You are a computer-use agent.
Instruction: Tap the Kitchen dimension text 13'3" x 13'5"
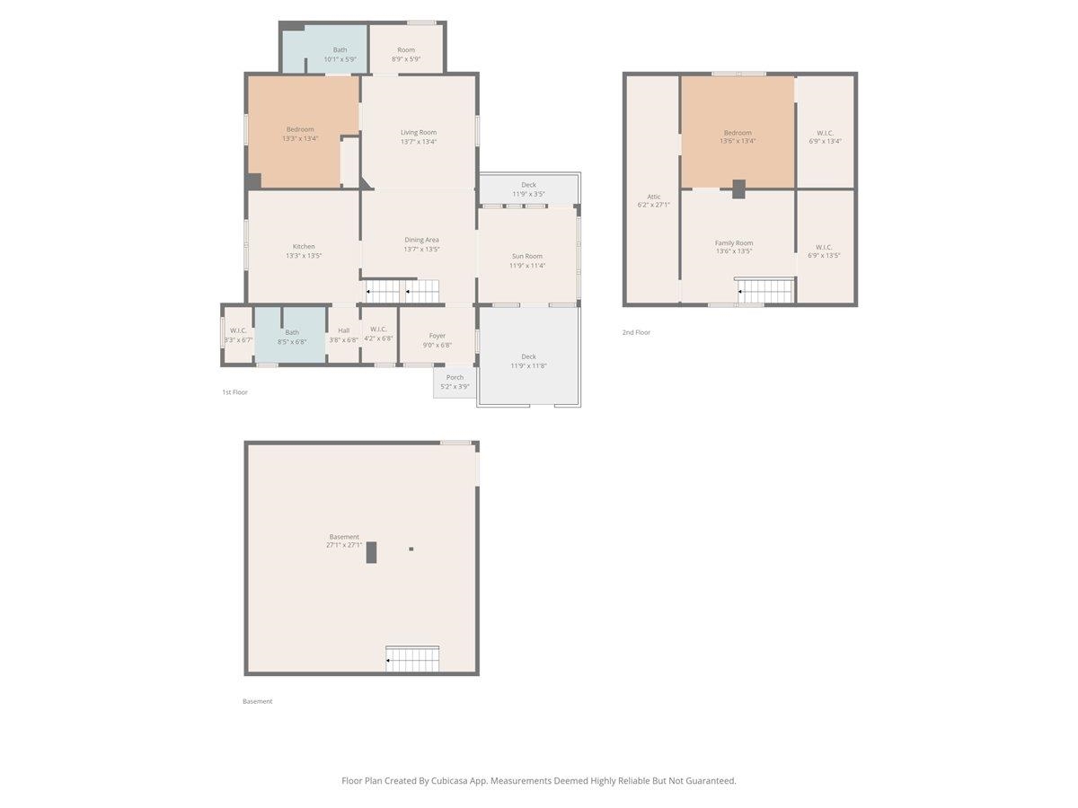(x=304, y=256)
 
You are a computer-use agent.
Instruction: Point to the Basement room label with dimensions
(x=344, y=540)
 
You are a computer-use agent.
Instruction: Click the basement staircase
(x=412, y=658)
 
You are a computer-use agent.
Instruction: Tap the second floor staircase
(x=764, y=290)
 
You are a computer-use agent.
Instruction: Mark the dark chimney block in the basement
(x=371, y=552)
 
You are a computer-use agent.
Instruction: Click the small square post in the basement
(x=411, y=549)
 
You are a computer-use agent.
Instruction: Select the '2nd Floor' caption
(x=636, y=332)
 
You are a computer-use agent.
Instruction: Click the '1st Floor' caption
(x=234, y=392)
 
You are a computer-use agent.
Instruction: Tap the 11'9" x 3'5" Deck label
(x=528, y=189)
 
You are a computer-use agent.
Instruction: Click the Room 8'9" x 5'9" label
(x=406, y=55)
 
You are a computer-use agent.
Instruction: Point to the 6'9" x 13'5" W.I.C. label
(x=824, y=251)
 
